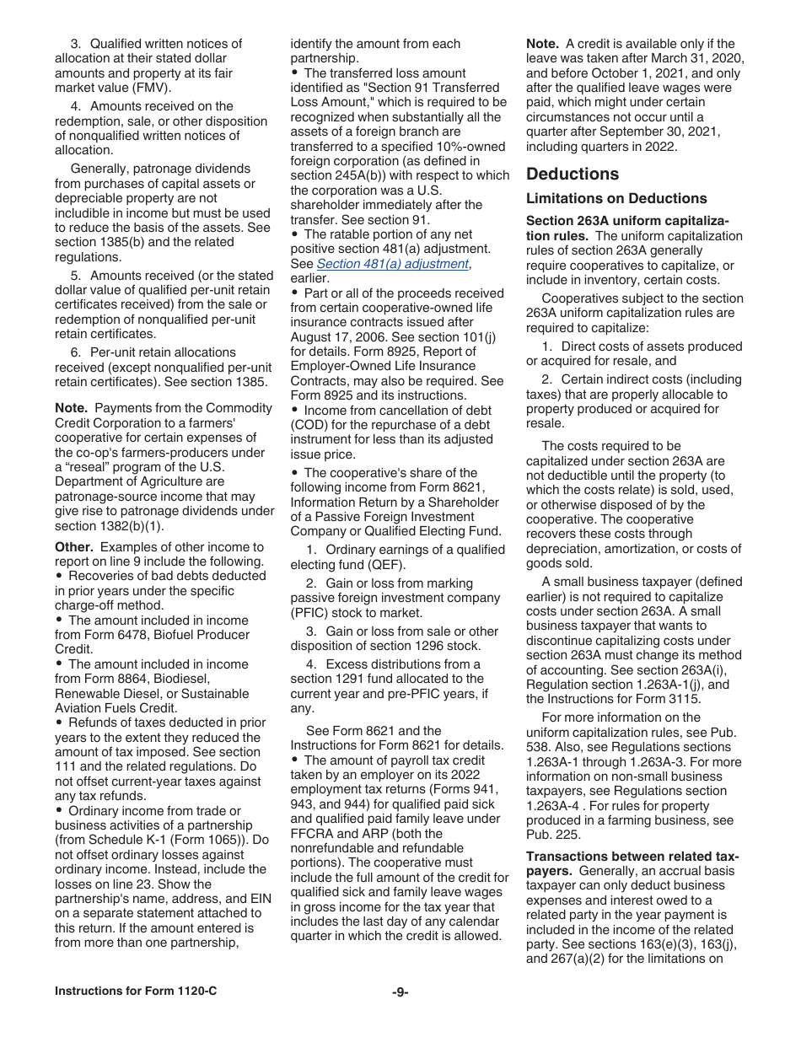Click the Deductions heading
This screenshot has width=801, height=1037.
[573, 175]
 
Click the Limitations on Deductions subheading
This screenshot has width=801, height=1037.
[616, 199]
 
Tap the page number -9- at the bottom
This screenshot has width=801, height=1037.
[400, 992]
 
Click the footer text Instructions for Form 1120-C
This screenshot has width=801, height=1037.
[136, 991]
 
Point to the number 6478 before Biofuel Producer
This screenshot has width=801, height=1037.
[145, 635]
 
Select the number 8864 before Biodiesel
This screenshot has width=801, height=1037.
[145, 679]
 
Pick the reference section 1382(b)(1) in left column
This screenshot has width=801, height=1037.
[109, 526]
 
